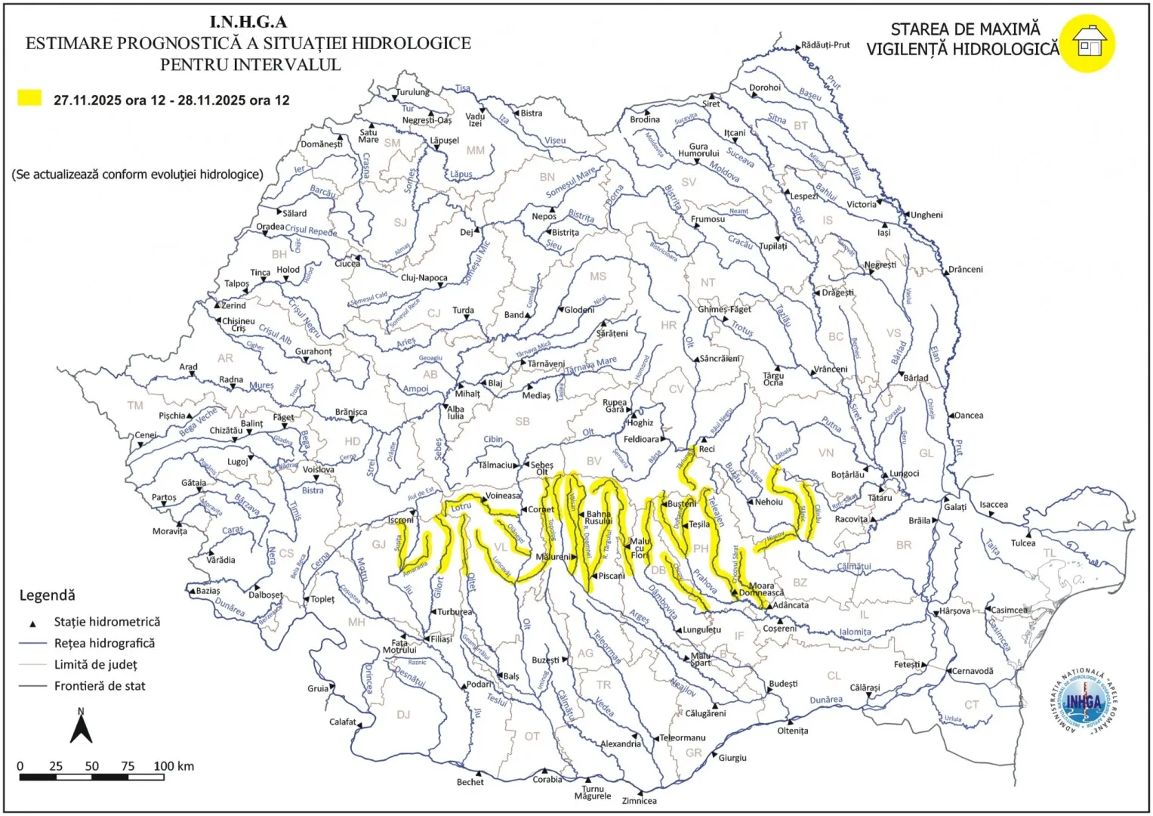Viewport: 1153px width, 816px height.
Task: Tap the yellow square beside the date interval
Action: tap(29, 98)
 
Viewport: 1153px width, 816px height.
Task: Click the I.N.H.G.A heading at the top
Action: tap(248, 22)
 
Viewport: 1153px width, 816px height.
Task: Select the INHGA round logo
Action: tap(1084, 701)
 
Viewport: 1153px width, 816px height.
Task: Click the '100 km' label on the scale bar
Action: tap(174, 766)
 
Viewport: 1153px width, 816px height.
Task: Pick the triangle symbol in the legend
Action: tap(32, 624)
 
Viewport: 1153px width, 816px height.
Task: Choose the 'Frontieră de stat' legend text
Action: tap(100, 686)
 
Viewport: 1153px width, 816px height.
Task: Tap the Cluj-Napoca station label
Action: tap(424, 277)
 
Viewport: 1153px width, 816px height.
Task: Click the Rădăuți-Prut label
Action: tap(825, 45)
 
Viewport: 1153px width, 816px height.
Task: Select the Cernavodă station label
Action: tap(973, 671)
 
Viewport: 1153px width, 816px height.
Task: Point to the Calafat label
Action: tap(343, 722)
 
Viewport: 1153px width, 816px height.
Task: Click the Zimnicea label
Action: tap(639, 801)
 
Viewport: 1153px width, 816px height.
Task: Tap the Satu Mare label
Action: tap(368, 136)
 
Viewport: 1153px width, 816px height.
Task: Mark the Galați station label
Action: tap(955, 507)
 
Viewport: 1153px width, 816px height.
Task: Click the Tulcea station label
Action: tap(1023, 542)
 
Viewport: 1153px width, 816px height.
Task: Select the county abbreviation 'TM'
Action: tap(135, 406)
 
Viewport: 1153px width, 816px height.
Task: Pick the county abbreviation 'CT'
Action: tap(971, 705)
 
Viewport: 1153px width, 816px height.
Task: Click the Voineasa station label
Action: tap(503, 496)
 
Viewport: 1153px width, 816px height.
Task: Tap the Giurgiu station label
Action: tap(732, 758)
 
